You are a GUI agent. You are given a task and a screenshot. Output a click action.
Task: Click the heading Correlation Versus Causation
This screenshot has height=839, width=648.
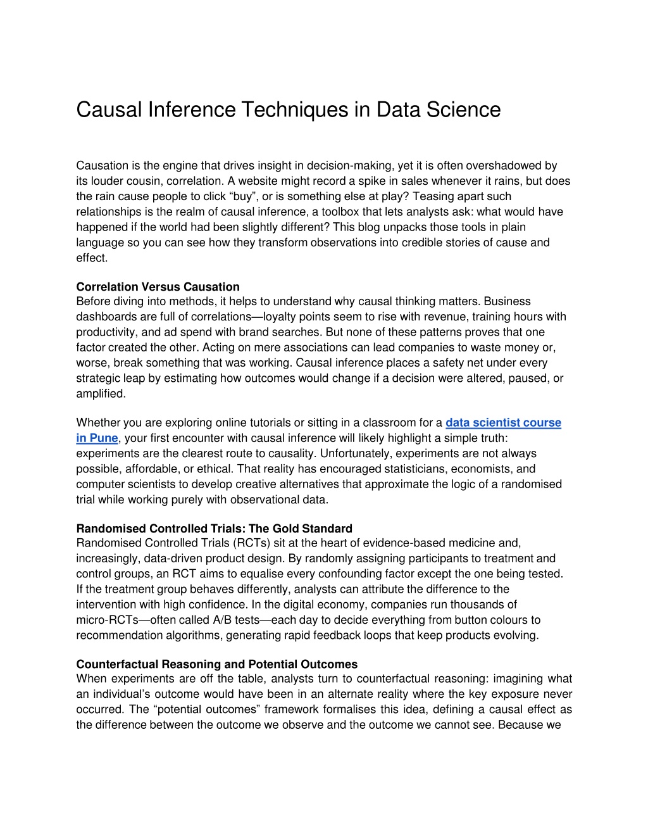point(158,287)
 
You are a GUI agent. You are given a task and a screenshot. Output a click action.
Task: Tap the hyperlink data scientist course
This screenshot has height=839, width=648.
point(503,422)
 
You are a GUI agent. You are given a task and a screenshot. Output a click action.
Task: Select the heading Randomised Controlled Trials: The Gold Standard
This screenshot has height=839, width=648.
point(214,528)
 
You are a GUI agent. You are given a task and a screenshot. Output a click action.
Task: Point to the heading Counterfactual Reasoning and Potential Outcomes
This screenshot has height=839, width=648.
point(216,664)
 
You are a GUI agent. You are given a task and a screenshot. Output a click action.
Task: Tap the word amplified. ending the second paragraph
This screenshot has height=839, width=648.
point(101,393)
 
